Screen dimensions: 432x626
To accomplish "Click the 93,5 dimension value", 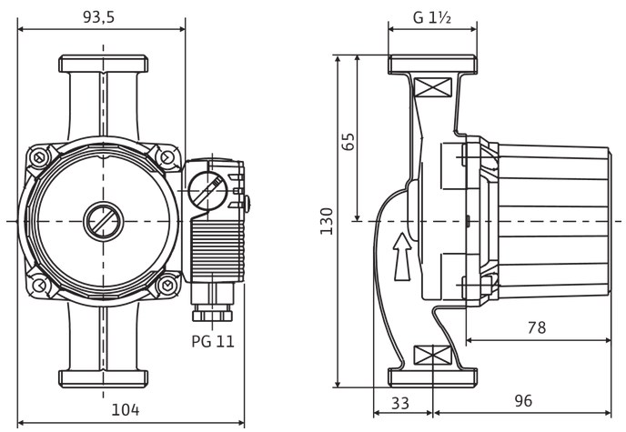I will coord(101,17).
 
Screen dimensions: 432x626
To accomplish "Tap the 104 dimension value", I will coord(125,409).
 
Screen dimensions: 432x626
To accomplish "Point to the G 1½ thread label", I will coord(433,17).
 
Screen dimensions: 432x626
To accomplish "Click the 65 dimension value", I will coord(348,139).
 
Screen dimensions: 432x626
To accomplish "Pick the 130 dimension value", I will coord(328,219).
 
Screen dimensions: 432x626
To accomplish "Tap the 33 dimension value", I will coord(399,401).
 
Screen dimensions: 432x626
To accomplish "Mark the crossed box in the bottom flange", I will coord(432,355).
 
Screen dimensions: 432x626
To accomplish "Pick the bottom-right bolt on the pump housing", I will coord(167,286).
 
